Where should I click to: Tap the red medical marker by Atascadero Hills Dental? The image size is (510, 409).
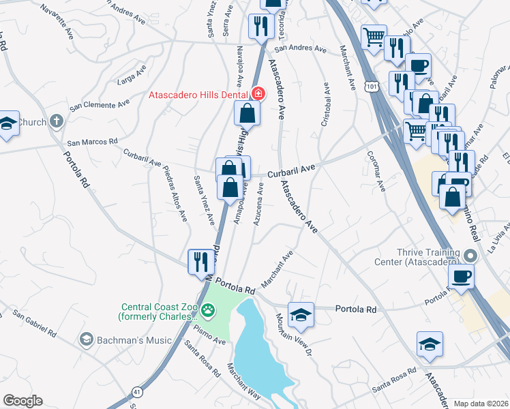pyautogui.click(x=258, y=93)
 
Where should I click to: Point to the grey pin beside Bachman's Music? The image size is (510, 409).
pyautogui.click(x=86, y=339)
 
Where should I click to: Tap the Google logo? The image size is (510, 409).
pyautogui.click(x=22, y=401)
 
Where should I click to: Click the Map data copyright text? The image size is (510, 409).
pyautogui.click(x=481, y=404)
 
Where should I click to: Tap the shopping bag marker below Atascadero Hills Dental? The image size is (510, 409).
pyautogui.click(x=247, y=114)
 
